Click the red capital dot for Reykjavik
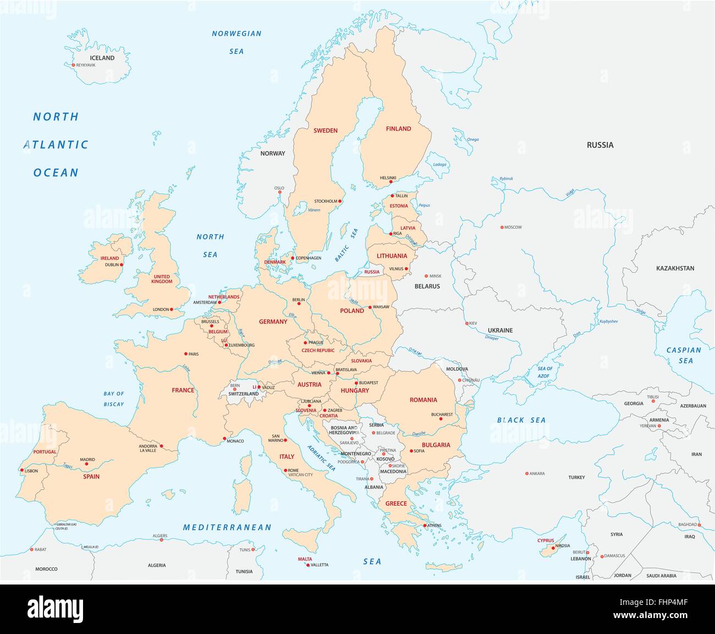73,65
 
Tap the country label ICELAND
102,58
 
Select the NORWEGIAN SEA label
237,42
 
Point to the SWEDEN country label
325,130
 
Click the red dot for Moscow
502,227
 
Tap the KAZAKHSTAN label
675,268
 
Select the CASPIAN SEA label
684,355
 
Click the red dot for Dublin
122,264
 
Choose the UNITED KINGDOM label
162,279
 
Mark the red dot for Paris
185,354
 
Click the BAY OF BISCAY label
114,399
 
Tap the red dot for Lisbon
21,470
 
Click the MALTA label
305,559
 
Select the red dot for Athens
425,525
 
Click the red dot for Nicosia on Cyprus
553,547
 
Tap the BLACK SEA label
521,420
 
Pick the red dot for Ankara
526,473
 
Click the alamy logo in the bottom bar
55,609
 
